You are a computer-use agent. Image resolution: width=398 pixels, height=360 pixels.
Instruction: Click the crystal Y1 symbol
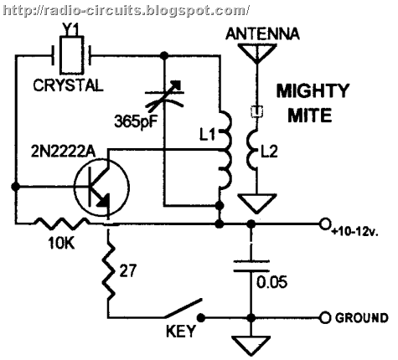pos(72,55)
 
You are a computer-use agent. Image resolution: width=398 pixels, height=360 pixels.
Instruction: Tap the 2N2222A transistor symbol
pos(102,187)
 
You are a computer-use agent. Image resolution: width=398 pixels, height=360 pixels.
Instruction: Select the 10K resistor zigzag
pos(61,224)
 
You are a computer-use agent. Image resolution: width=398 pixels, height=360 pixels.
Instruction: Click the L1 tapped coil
pos(225,151)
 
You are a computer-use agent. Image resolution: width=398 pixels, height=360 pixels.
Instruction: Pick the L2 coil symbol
pos(252,150)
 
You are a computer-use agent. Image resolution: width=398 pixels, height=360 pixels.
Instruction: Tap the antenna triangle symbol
pos(257,53)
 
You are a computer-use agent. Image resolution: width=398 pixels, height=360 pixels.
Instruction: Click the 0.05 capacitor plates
pos(251,266)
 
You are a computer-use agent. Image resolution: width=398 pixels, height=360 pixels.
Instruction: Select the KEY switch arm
pos(183,308)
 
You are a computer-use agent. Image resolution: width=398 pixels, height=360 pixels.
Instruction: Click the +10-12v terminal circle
pos(324,224)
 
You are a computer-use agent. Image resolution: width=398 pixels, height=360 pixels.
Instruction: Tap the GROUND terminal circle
pos(324,317)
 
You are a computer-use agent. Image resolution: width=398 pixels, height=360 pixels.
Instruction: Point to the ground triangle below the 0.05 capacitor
pos(251,346)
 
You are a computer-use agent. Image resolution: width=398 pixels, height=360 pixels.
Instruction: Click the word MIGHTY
pos(313,90)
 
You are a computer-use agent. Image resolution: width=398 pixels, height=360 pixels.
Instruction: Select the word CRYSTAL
pos(68,85)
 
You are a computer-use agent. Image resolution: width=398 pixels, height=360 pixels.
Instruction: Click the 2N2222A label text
pos(64,152)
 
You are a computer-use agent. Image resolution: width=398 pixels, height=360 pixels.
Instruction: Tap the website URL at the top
pos(126,10)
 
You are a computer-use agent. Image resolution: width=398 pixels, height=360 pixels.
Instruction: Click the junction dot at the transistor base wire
pos(16,187)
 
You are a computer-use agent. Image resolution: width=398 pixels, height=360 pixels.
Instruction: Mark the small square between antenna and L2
pos(257,111)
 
